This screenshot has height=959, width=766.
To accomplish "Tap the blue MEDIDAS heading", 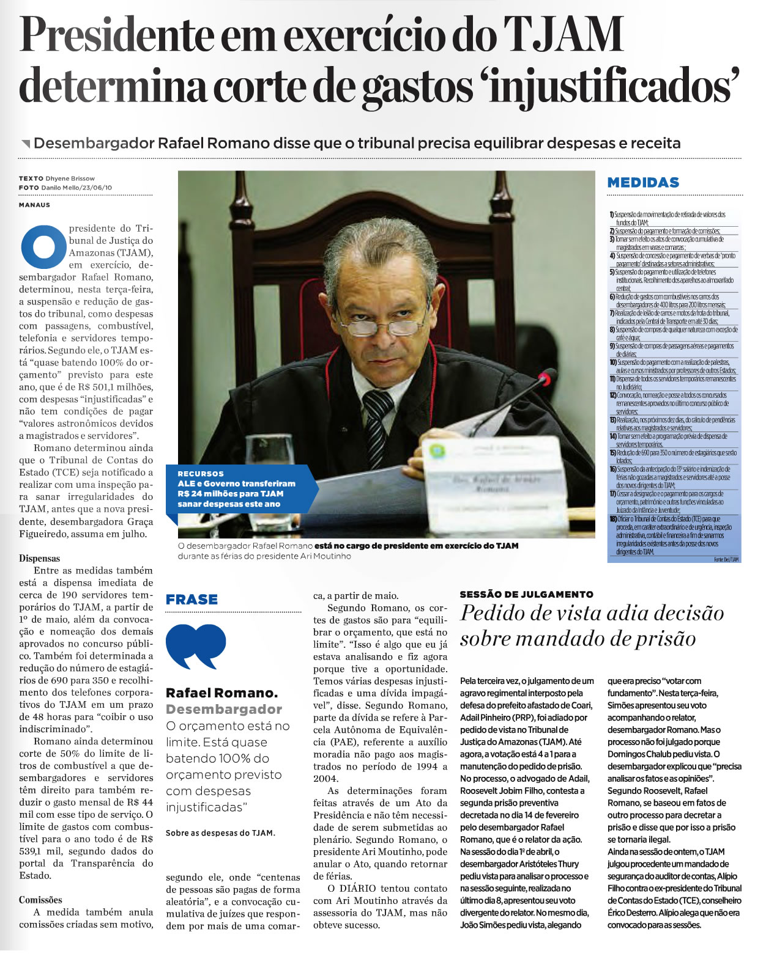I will (643, 182).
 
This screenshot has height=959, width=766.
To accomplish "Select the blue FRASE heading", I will (191, 600).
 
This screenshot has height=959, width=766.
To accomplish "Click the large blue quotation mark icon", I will (195, 646).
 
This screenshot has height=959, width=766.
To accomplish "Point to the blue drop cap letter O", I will (43, 247).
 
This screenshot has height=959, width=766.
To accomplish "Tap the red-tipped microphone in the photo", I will (544, 380).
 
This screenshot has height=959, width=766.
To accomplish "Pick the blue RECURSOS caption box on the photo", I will (242, 489).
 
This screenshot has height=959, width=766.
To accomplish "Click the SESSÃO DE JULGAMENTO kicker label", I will (527, 594).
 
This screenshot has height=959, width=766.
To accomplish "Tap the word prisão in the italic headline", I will (665, 639).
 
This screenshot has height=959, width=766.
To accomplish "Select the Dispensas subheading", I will (40, 558).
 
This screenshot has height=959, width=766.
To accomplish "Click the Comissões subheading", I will (40, 900).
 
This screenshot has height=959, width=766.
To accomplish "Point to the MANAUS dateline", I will (34, 205).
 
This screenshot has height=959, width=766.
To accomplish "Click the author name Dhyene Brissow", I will (70, 178).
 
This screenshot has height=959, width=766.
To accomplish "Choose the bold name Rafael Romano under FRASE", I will (221, 693).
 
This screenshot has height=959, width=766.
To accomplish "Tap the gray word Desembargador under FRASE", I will (224, 709).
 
